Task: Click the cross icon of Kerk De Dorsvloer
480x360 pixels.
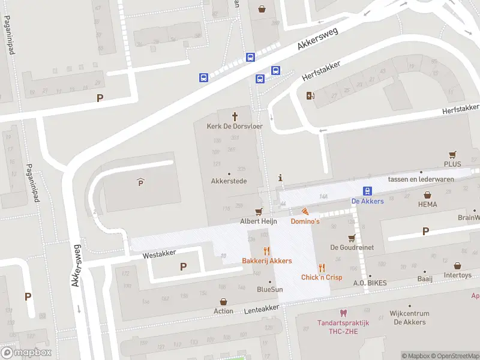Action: (x=235, y=116)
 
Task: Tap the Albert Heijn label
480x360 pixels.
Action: (x=258, y=221)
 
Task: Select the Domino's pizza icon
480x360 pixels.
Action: (x=305, y=211)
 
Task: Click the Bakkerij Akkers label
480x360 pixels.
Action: (x=267, y=260)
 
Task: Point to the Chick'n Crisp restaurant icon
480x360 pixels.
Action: (x=322, y=268)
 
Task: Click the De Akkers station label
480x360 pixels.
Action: (x=367, y=201)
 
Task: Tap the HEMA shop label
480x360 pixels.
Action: (x=427, y=204)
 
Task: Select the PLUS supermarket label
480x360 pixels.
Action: (x=452, y=164)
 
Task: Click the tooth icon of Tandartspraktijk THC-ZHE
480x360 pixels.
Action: (x=343, y=313)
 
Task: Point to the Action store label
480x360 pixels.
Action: (x=223, y=311)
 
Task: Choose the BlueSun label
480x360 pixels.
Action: (x=269, y=289)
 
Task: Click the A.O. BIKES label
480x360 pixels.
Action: (x=370, y=283)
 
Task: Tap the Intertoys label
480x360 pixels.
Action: (x=458, y=275)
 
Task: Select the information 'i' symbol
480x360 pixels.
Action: (x=280, y=178)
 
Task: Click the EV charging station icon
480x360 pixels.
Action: (x=310, y=95)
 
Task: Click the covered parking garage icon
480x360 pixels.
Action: (x=141, y=183)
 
